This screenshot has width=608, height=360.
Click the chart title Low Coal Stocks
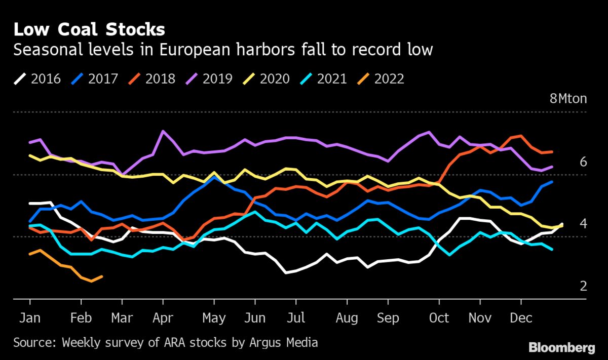(89, 29)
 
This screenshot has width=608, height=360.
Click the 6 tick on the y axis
(583, 162)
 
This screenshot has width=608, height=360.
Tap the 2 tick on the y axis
(583, 286)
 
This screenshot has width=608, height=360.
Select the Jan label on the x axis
(30, 318)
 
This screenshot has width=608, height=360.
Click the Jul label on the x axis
(296, 318)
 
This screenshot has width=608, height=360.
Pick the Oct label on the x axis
(439, 318)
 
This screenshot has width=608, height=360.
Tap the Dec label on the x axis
(521, 318)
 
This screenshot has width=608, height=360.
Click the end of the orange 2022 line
(102, 276)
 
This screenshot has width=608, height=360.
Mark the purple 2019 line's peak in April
(163, 131)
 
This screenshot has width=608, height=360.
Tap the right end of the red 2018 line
(552, 151)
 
